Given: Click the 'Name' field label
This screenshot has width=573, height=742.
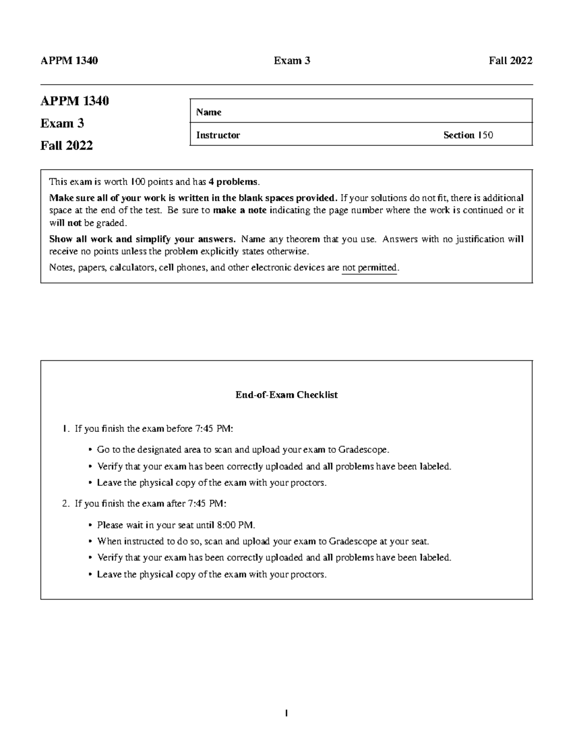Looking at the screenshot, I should click(209, 112).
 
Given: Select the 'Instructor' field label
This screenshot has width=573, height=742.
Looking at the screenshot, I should click(218, 135).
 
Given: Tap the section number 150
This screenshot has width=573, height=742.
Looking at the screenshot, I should click(486, 135).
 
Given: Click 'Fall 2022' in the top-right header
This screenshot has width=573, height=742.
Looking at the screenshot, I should click(510, 61).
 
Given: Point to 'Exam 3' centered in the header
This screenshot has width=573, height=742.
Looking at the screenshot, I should click(292, 61).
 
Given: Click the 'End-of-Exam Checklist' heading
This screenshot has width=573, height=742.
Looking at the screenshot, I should click(286, 395).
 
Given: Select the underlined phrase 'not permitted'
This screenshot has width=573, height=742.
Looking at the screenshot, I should click(370, 268).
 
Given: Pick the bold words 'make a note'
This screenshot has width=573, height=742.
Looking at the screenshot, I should click(241, 210).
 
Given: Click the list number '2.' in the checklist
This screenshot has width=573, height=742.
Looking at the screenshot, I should click(66, 503).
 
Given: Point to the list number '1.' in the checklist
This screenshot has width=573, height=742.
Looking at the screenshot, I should click(66, 429).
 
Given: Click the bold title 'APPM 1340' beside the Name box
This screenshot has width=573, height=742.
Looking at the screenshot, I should click(74, 101).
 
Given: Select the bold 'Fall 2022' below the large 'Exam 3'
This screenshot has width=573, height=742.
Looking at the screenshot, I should click(66, 145).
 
